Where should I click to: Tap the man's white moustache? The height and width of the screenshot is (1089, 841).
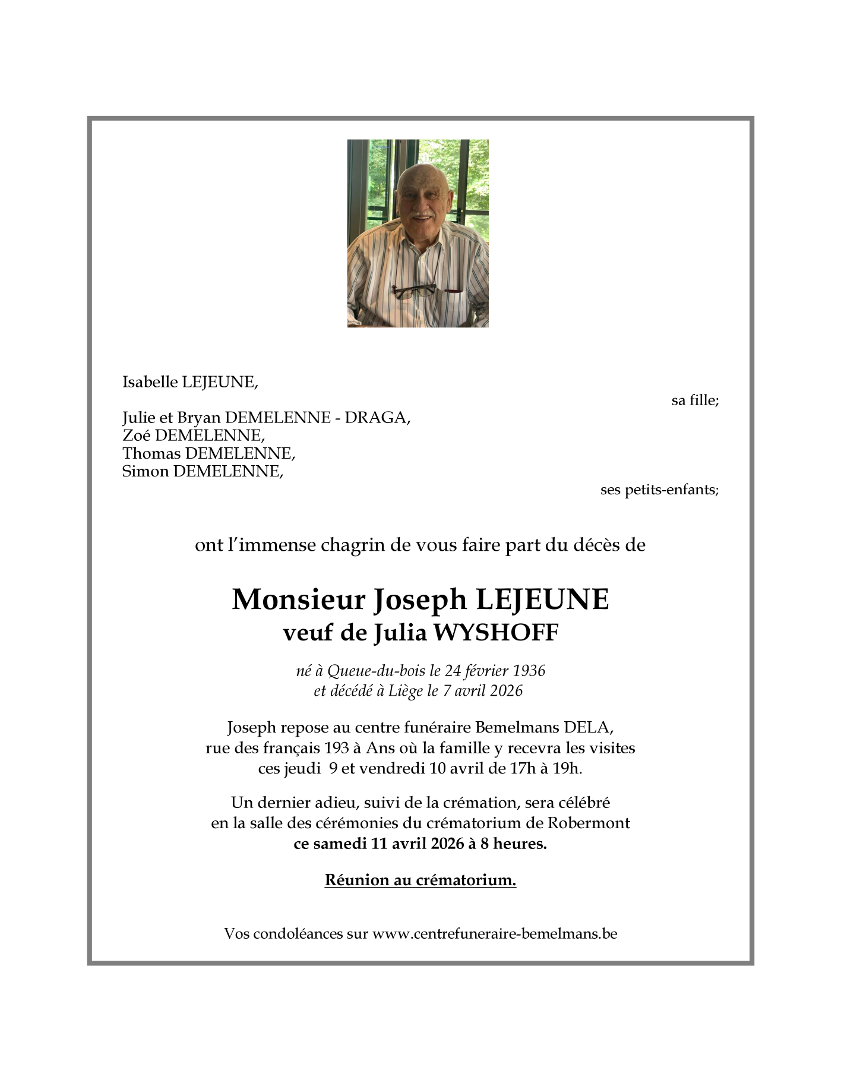[x=423, y=214]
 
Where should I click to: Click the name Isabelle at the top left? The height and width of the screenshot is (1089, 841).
[x=150, y=382]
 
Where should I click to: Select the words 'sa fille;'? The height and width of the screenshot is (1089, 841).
[x=695, y=400]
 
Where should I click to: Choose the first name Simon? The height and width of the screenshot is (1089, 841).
[x=145, y=471]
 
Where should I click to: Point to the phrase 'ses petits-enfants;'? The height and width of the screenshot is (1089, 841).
[x=659, y=490]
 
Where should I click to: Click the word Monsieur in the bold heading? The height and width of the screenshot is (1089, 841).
[x=298, y=599]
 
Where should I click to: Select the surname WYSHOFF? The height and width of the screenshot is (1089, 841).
[x=497, y=633]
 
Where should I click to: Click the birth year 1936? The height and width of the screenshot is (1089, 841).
[x=529, y=671]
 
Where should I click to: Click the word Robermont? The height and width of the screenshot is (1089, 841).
[x=589, y=823]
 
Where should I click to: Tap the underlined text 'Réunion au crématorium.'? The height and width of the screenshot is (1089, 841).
[x=420, y=880]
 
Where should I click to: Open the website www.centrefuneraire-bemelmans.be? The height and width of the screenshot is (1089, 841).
[x=494, y=933]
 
